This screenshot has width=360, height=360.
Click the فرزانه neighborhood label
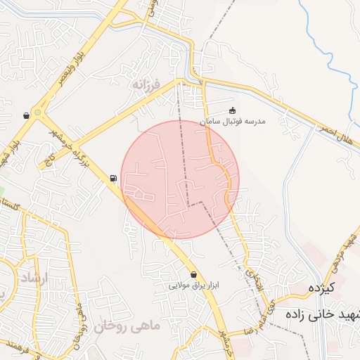[x=146, y=84]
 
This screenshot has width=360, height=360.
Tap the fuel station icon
[x=112, y=179]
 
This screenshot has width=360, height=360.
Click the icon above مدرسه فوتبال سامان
[x=233, y=110]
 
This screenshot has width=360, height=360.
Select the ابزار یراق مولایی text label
[x=193, y=286]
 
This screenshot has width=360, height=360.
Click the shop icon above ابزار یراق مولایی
[x=193, y=274]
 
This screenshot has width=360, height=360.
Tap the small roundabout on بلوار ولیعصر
[x=38, y=112]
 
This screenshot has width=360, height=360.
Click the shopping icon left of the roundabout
[x=26, y=115]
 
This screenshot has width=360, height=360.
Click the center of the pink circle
[x=180, y=179]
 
